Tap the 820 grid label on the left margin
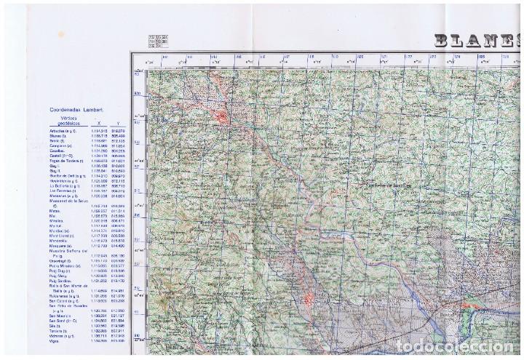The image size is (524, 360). coord(136,92)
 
